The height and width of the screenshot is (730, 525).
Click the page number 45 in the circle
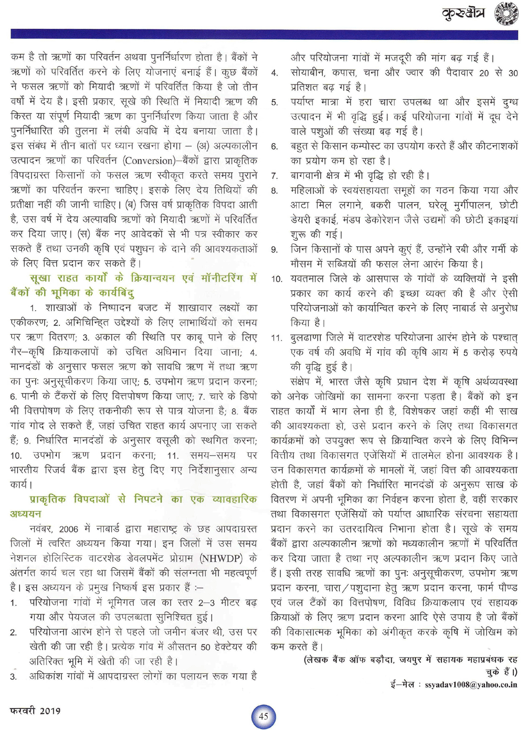264,716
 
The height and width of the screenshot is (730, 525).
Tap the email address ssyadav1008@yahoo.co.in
471,684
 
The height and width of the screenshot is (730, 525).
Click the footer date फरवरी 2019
36,711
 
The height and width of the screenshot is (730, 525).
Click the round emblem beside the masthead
507,14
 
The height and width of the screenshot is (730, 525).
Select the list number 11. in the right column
276,338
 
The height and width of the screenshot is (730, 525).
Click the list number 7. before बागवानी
275,176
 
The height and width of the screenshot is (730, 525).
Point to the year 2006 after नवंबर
68,529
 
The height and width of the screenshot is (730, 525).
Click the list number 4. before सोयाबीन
275,73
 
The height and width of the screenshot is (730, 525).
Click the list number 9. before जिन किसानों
275,249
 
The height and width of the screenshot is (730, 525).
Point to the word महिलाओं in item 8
309,190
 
